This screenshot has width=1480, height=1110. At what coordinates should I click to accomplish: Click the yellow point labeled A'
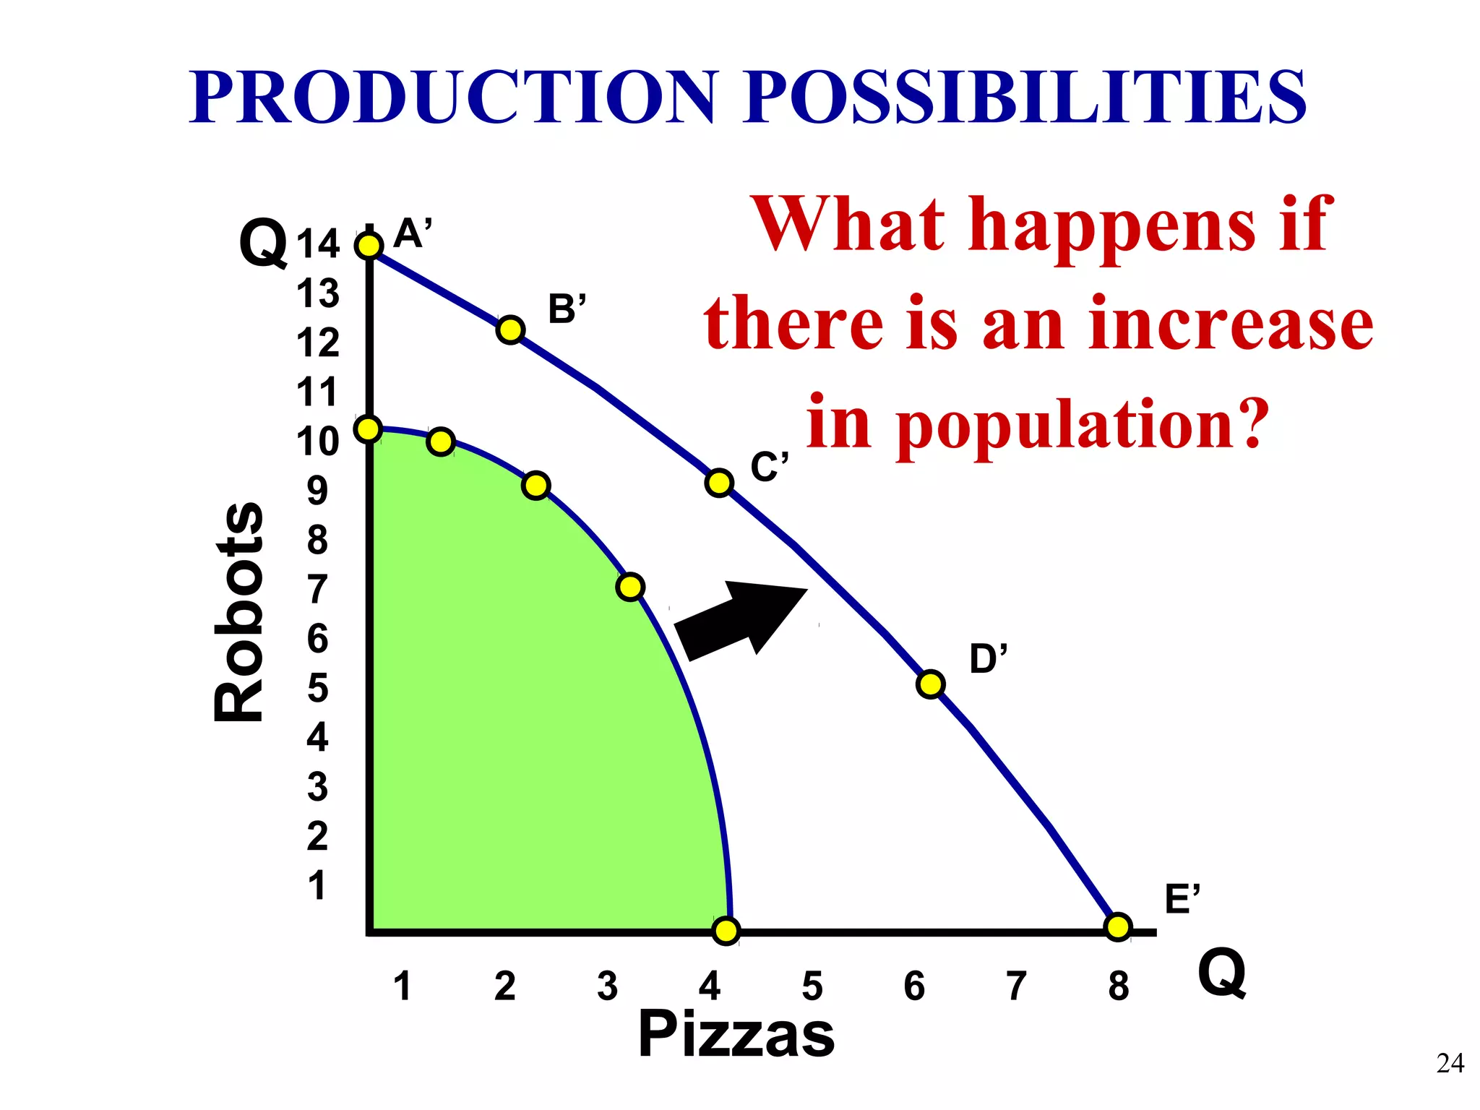pyautogui.click(x=369, y=246)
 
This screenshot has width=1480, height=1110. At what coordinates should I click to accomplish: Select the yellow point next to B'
pyautogui.click(x=510, y=330)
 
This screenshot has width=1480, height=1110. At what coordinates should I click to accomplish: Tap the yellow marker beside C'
pyautogui.click(x=719, y=482)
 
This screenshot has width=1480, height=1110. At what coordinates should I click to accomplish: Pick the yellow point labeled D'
pyautogui.click(x=930, y=684)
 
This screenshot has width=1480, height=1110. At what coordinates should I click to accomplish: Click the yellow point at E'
pyautogui.click(x=1118, y=926)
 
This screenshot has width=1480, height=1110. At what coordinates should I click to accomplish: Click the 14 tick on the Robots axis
pyautogui.click(x=318, y=244)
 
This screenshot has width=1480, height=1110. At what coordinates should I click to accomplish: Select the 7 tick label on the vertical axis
pyautogui.click(x=318, y=590)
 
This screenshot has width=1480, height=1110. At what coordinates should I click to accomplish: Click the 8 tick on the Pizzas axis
pyautogui.click(x=1119, y=986)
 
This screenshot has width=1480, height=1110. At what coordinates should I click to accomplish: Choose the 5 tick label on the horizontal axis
pyautogui.click(x=812, y=986)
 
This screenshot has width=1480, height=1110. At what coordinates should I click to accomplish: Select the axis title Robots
pyautogui.click(x=239, y=611)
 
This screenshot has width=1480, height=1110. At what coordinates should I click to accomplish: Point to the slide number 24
pyautogui.click(x=1450, y=1064)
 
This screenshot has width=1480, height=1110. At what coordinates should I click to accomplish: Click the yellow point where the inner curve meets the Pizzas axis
pyautogui.click(x=726, y=931)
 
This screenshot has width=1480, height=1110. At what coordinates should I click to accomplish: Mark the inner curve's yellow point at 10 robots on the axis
pyautogui.click(x=368, y=429)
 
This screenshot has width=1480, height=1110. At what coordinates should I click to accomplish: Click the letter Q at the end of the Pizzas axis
pyautogui.click(x=1221, y=973)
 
